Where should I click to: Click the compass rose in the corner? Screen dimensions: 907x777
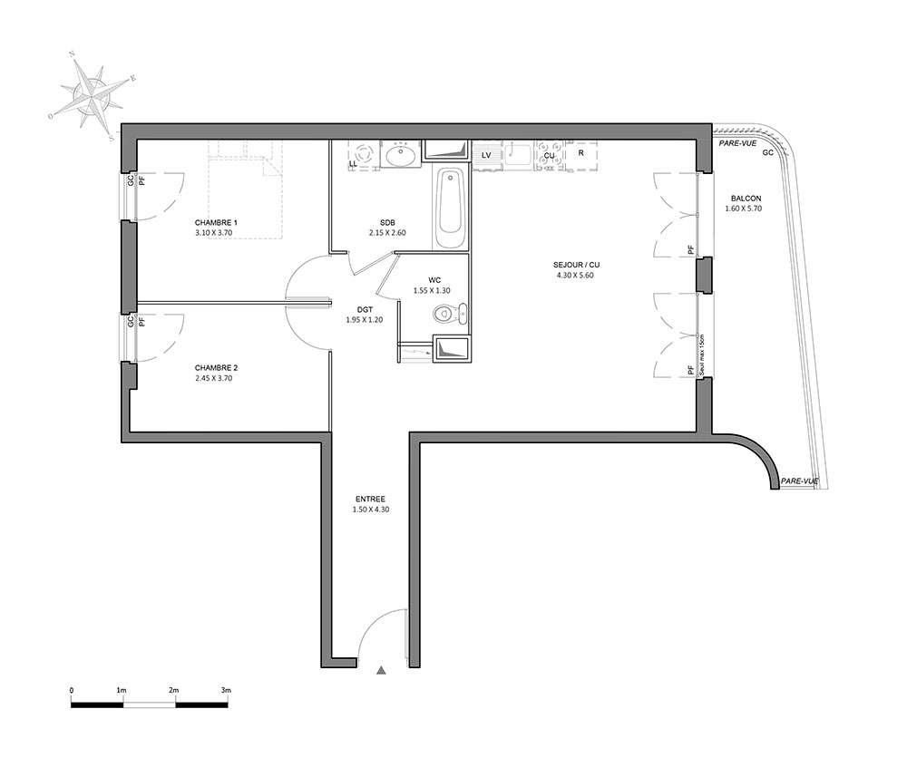(90, 95)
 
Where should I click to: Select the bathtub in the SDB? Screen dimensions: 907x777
(450, 209)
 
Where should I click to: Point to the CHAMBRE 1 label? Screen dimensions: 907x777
(216, 222)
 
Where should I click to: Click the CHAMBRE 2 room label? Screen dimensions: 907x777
(216, 368)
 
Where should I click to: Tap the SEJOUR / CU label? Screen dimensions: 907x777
(576, 265)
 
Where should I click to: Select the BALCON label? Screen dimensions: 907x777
(746, 199)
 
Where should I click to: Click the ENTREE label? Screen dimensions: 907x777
(370, 499)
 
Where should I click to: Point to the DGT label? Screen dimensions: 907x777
(365, 310)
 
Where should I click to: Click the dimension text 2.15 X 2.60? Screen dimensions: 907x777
(387, 233)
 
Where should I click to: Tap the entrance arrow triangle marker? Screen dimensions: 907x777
(381, 670)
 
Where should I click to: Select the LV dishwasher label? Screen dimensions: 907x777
(486, 155)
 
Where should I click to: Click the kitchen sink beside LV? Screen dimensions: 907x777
(518, 154)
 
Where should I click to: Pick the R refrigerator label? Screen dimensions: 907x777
(580, 153)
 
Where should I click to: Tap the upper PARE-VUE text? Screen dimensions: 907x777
(736, 143)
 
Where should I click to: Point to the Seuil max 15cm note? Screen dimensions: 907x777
(701, 355)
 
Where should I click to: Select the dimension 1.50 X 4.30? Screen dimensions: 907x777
(370, 510)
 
